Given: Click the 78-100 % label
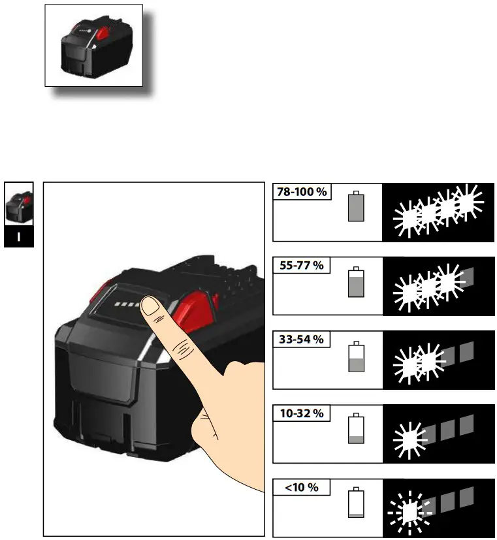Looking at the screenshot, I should click(x=301, y=192).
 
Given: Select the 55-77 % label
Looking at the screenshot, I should click(x=300, y=266).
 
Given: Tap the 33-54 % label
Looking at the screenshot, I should click(x=300, y=340).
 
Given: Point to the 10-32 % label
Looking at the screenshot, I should click(x=300, y=413).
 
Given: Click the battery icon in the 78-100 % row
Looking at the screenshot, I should click(x=356, y=206).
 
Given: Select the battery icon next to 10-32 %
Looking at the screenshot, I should click(x=356, y=429).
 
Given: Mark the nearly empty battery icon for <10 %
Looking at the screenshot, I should click(x=356, y=502).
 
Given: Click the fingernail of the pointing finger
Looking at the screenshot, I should click(x=152, y=306).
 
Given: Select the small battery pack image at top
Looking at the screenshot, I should click(x=93, y=45).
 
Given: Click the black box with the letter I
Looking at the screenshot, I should click(x=18, y=236).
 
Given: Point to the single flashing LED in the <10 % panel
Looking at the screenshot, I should click(x=410, y=512).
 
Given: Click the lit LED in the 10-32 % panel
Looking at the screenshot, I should click(x=410, y=437).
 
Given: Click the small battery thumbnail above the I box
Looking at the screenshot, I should click(x=18, y=204).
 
